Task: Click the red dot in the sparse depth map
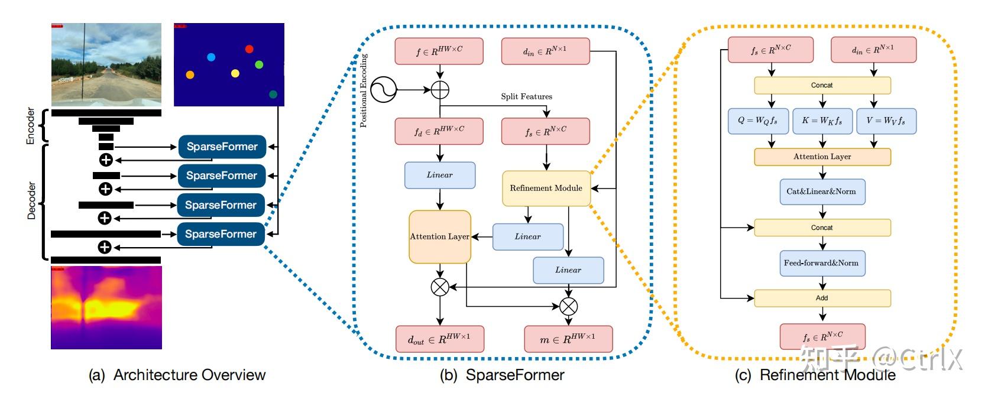click(249, 49)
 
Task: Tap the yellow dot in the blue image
click(235, 73)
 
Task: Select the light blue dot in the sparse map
click(211, 57)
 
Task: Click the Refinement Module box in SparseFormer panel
click(546, 188)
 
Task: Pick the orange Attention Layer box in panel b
click(440, 236)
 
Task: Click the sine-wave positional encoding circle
click(383, 90)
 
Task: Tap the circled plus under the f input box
click(440, 90)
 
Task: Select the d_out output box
click(439, 339)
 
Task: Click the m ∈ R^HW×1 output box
click(568, 339)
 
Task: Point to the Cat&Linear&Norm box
click(821, 192)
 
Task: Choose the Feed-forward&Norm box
click(821, 263)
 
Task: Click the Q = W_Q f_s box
click(757, 121)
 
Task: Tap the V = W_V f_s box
click(885, 121)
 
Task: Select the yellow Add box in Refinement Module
click(822, 298)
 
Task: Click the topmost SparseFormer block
click(222, 147)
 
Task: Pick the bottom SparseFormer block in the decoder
click(221, 234)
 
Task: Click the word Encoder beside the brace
click(31, 125)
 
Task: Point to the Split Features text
click(526, 96)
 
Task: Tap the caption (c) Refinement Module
click(815, 375)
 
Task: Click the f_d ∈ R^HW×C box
click(439, 131)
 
